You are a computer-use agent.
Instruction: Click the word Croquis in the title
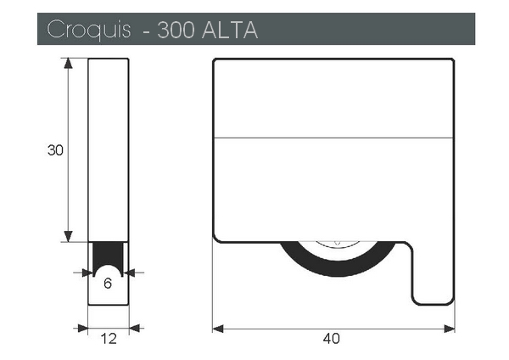[88, 30]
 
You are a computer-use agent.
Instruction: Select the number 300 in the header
[176, 30]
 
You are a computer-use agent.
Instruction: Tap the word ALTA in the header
[230, 30]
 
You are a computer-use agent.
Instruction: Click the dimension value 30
[55, 150]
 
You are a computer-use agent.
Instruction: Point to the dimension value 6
[108, 284]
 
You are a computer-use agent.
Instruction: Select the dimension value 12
[109, 339]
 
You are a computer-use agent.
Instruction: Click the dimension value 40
[332, 339]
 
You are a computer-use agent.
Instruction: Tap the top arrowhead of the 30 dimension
[68, 64]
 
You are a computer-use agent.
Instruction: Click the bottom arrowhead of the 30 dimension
[68, 236]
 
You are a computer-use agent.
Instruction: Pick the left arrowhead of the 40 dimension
[218, 329]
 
